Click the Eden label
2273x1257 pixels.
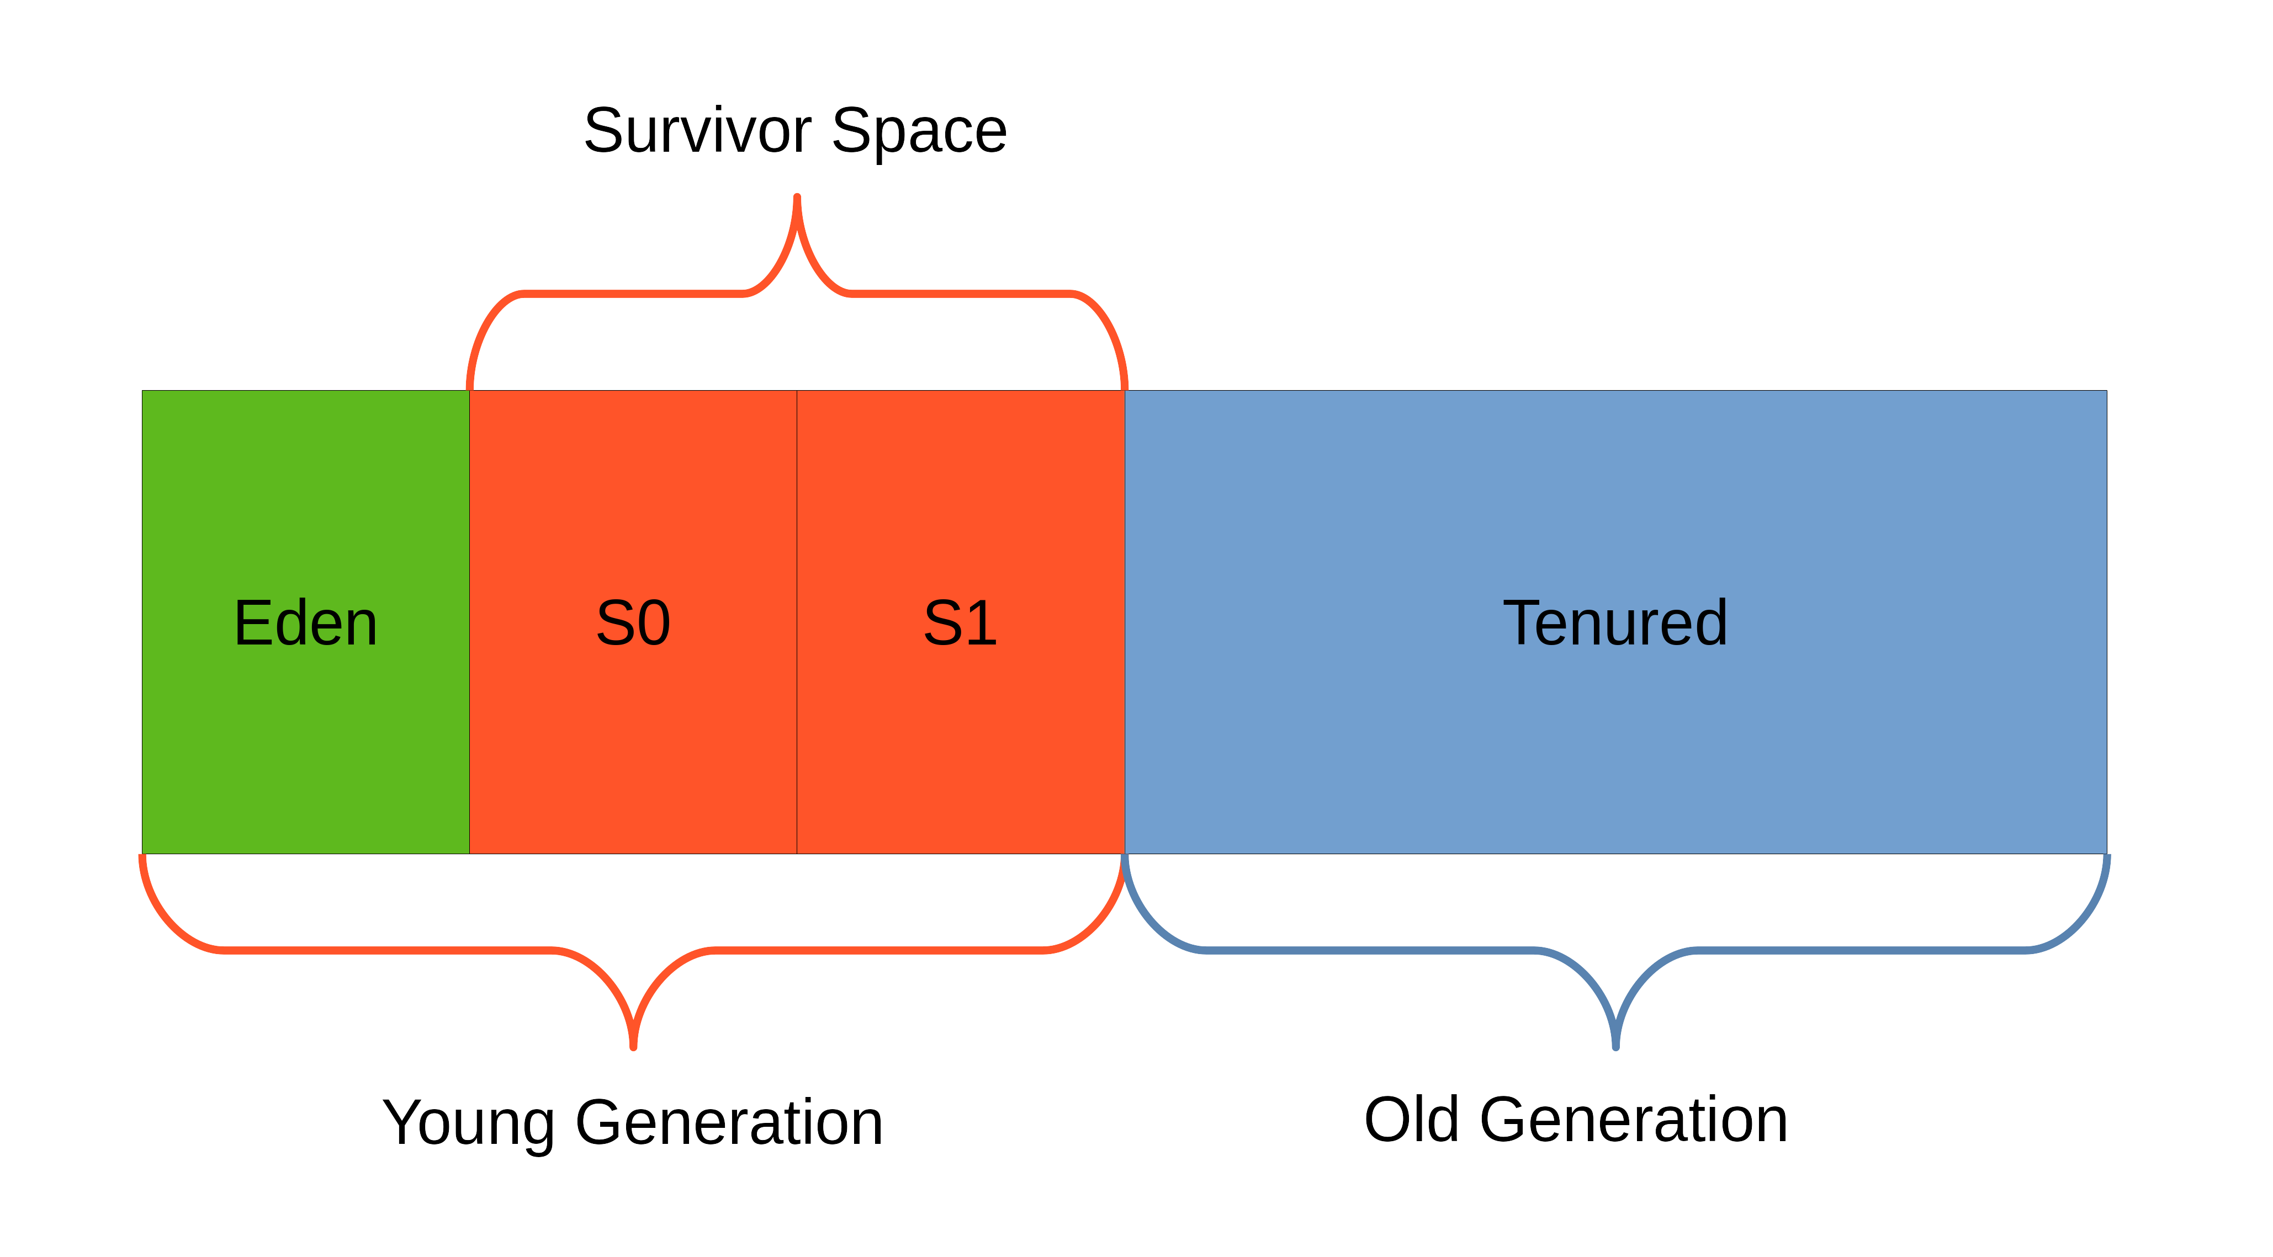305,623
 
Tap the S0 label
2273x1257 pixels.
633,623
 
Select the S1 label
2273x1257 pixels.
960,623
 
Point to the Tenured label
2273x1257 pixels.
1615,623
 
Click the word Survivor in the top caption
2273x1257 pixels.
697,131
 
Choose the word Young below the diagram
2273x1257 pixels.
468,1124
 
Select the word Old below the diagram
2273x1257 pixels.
1411,1120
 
